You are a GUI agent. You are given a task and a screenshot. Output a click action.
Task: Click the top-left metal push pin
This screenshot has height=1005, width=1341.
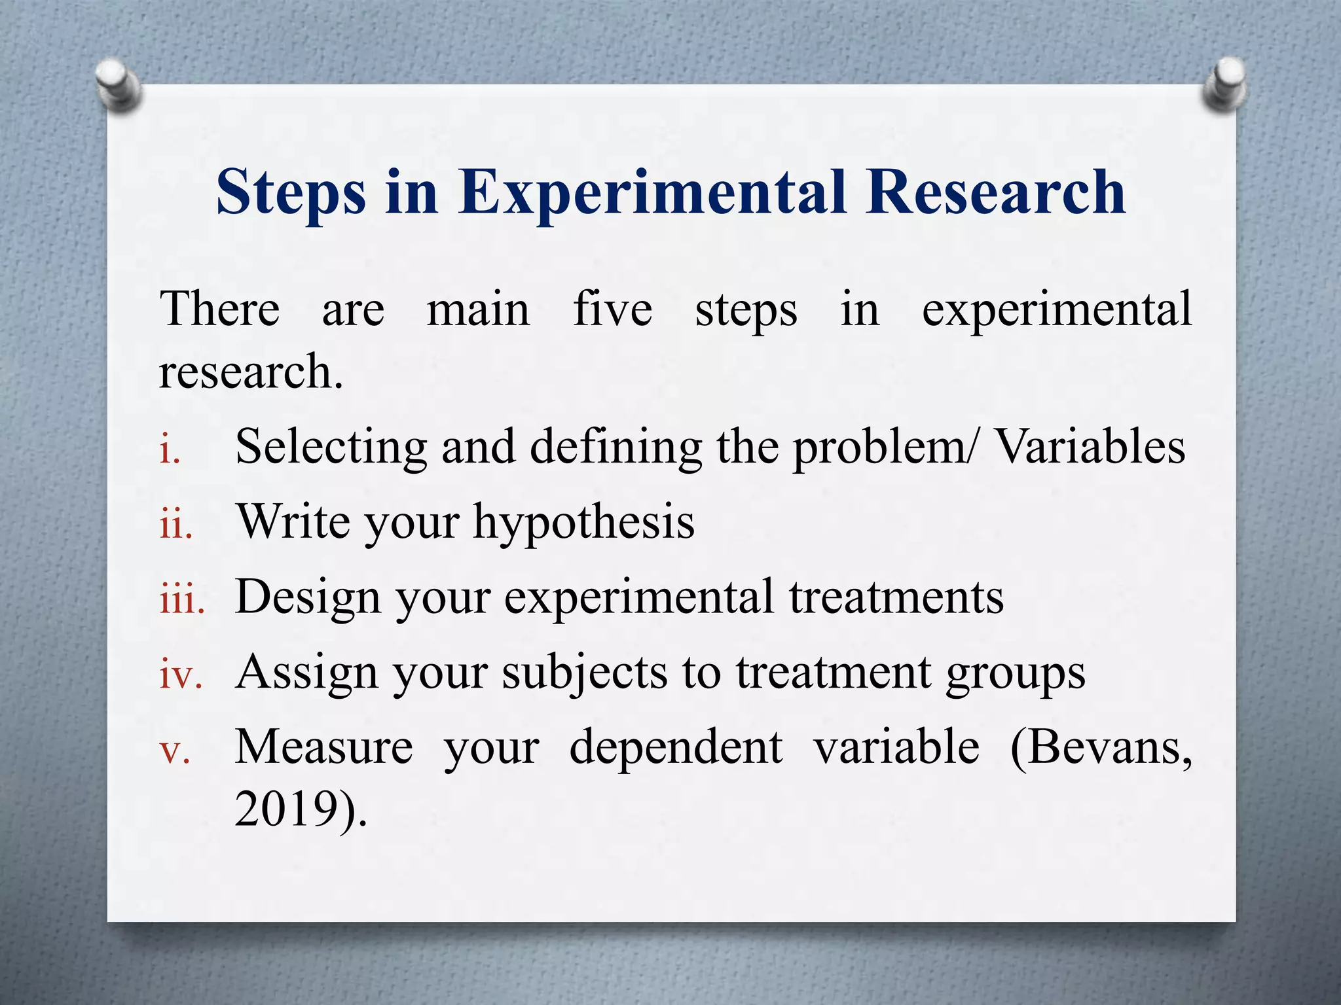pyautogui.click(x=119, y=85)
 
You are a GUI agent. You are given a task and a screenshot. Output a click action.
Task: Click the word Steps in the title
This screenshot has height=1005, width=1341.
pyautogui.click(x=291, y=192)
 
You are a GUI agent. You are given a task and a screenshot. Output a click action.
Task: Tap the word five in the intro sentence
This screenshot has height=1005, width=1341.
pyautogui.click(x=612, y=309)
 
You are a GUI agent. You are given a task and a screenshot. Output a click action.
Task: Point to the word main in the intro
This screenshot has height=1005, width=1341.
pyautogui.click(x=478, y=309)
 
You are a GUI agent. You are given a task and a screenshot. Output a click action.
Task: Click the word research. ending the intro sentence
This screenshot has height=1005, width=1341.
pyautogui.click(x=251, y=372)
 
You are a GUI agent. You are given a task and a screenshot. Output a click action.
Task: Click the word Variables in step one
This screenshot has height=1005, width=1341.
pyautogui.click(x=1090, y=447)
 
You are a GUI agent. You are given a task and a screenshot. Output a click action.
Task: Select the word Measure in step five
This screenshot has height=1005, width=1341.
pyautogui.click(x=324, y=747)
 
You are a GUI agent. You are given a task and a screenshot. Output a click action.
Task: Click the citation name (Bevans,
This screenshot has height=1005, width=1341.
pyautogui.click(x=1101, y=747)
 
